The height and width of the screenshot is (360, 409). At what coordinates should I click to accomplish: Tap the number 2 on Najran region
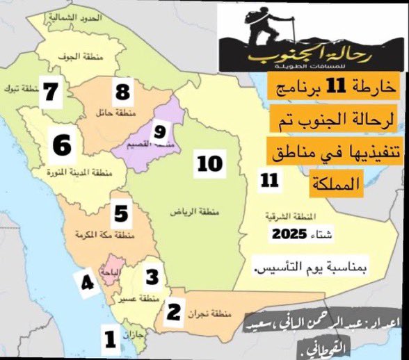pyautogui.click(x=175, y=308)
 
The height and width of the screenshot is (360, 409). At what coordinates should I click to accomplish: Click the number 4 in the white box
pyautogui.click(x=87, y=283)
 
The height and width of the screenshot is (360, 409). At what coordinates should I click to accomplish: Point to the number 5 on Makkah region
pyautogui.click(x=122, y=213)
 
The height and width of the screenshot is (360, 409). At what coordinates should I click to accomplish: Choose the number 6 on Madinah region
pyautogui.click(x=62, y=145)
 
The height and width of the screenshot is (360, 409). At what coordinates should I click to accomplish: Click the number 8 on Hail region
pyautogui.click(x=123, y=92)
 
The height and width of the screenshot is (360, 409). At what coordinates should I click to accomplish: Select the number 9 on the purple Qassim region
pyautogui.click(x=161, y=130)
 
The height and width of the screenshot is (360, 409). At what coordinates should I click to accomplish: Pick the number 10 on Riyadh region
pyautogui.click(x=210, y=163)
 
